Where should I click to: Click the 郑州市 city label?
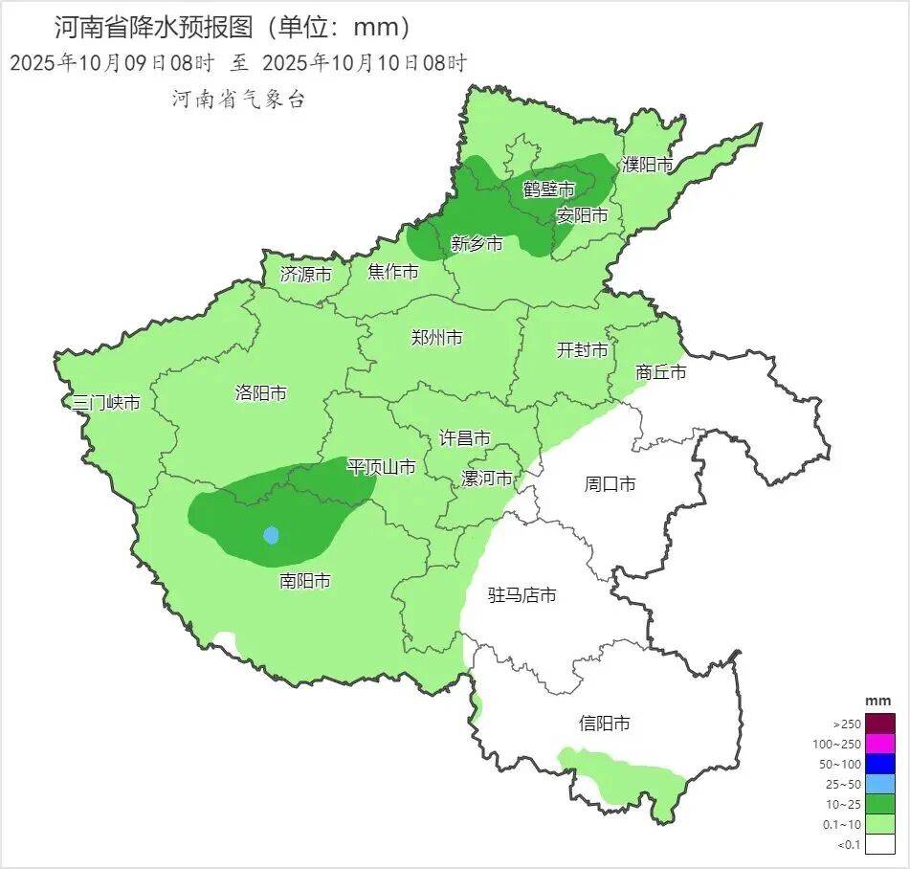click(436, 338)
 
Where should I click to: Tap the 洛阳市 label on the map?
click(260, 393)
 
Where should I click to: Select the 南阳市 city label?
click(305, 581)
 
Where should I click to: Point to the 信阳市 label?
click(605, 724)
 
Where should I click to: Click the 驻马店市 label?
click(522, 595)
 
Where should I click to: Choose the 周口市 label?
click(610, 484)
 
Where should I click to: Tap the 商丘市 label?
click(660, 372)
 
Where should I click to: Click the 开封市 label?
click(582, 350)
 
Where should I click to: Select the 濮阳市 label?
click(648, 165)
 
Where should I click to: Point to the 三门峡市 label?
click(106, 403)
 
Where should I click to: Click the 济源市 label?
click(305, 274)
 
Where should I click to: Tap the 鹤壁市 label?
click(548, 189)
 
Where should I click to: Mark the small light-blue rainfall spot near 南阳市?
click(271, 535)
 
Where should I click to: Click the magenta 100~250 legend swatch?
click(881, 744)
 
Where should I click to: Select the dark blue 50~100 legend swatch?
click(881, 764)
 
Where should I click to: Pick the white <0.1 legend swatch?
click(881, 843)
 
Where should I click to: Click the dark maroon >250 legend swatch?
click(881, 724)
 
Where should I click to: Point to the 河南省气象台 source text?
click(238, 99)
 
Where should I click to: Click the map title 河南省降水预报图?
click(153, 27)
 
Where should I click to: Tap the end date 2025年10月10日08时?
click(364, 64)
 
